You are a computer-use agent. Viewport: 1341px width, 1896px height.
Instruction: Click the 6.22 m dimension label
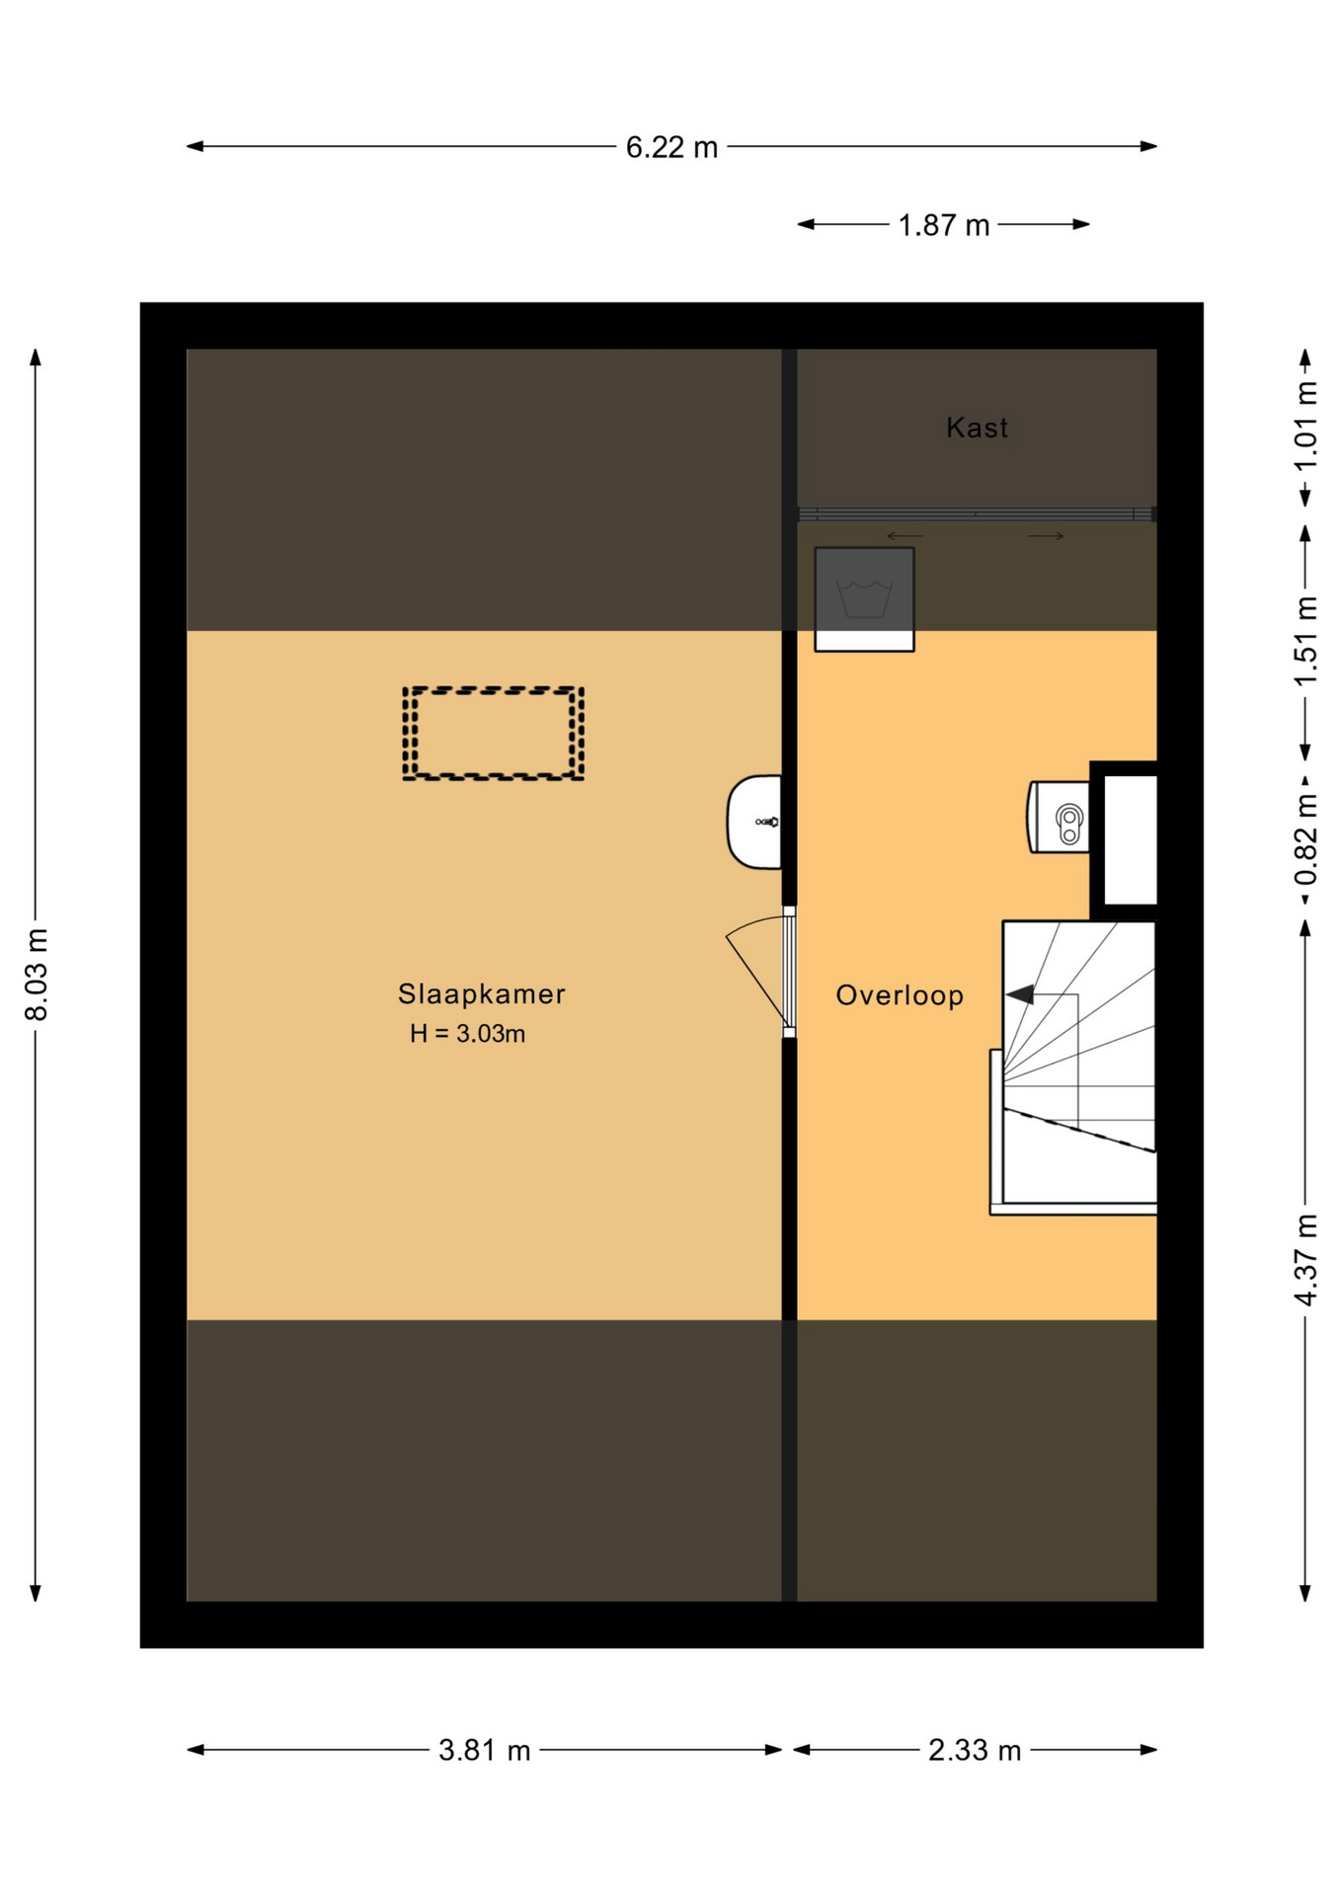[671, 147]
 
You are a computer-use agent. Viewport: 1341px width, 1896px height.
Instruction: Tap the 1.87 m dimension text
[943, 225]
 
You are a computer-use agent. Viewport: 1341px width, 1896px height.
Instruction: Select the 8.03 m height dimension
[37, 974]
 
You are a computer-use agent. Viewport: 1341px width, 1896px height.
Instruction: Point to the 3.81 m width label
[485, 1750]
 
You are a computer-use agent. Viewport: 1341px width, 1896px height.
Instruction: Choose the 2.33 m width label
[974, 1750]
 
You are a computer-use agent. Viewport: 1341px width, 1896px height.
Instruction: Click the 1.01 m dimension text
[1305, 427]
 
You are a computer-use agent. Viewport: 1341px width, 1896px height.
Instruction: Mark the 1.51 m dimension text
[1305, 642]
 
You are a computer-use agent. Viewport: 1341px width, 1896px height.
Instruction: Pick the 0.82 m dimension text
[1305, 840]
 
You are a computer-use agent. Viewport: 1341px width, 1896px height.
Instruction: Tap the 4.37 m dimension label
[1305, 1260]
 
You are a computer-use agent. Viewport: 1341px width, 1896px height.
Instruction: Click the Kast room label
[977, 428]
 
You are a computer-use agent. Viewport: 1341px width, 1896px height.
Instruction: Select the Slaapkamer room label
[482, 993]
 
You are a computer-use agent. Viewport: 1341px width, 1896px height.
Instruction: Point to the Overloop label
[900, 994]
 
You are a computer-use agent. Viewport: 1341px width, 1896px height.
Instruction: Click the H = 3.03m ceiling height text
[468, 1034]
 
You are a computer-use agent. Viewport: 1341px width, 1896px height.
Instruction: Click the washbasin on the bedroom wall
[753, 822]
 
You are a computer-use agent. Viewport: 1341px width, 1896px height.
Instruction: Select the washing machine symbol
[864, 599]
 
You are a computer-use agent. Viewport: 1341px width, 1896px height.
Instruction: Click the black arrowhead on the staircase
[1020, 994]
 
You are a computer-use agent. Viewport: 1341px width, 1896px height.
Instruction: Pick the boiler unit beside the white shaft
[1059, 817]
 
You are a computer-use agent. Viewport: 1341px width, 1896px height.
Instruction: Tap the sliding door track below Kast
[977, 513]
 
